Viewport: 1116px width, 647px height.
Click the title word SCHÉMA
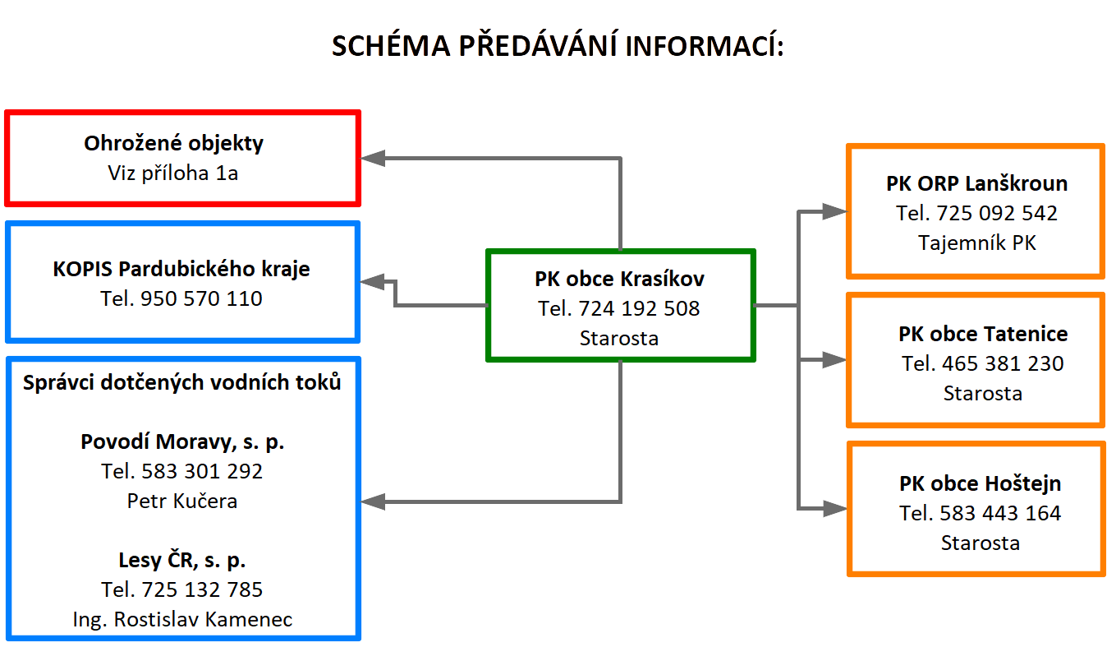pyautogui.click(x=391, y=45)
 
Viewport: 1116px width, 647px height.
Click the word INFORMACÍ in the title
pyautogui.click(x=704, y=45)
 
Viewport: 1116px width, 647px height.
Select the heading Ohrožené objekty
pyautogui.click(x=173, y=144)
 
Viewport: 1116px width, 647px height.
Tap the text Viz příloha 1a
pyautogui.click(x=173, y=173)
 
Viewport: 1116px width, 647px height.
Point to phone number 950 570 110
pyautogui.click(x=201, y=298)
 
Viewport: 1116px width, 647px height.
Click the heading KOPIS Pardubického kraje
pyautogui.click(x=181, y=270)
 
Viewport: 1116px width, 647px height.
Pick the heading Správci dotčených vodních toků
pyautogui.click(x=181, y=382)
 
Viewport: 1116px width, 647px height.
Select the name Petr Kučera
pyautogui.click(x=181, y=501)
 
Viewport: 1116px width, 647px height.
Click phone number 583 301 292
pyautogui.click(x=202, y=471)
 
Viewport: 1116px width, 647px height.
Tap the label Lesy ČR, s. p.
pyautogui.click(x=181, y=560)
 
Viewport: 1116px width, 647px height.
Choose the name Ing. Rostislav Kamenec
pyautogui.click(x=182, y=620)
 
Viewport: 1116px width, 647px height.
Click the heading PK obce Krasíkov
pyautogui.click(x=619, y=279)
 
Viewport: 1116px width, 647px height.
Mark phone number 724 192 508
pyautogui.click(x=639, y=309)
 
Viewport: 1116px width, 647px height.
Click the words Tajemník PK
pyautogui.click(x=977, y=243)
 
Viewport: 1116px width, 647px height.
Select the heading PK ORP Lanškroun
pyautogui.click(x=977, y=183)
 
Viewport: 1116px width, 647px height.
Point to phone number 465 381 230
pyautogui.click(x=1003, y=363)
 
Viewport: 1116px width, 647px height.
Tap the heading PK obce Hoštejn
pyautogui.click(x=980, y=483)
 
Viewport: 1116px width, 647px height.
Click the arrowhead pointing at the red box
pyautogui.click(x=372, y=158)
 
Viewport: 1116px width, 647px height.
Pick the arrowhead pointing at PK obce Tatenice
pyautogui.click(x=834, y=359)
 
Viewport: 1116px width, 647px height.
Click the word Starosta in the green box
pyautogui.click(x=619, y=339)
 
